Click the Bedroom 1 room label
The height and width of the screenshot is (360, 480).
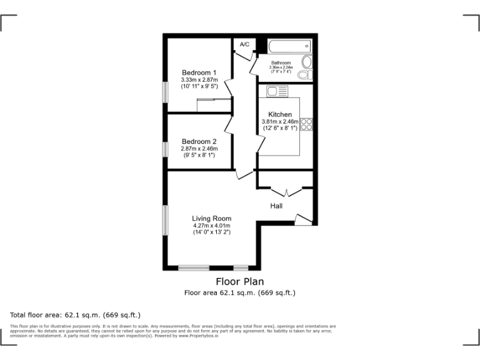coord(199,72)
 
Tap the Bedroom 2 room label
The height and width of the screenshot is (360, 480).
coord(199,141)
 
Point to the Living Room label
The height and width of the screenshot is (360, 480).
coord(211,218)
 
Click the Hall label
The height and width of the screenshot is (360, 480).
coord(276,206)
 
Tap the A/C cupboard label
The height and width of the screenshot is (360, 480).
coord(244,44)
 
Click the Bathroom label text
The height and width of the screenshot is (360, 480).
coord(281,63)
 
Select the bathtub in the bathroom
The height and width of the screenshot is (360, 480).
coord(289,46)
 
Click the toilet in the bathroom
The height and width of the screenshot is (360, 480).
coord(306,74)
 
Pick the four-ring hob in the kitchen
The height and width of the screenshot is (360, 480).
coord(306,124)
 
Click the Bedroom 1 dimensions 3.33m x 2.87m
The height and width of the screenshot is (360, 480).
coord(199,80)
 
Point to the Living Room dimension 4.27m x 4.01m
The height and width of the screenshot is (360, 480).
coord(211,226)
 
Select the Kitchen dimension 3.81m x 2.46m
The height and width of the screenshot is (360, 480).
coord(279,121)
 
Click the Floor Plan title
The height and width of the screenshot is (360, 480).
coord(240,281)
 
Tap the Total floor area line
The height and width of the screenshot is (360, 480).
coord(76,314)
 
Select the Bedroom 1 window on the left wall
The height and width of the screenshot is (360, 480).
coord(165,91)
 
